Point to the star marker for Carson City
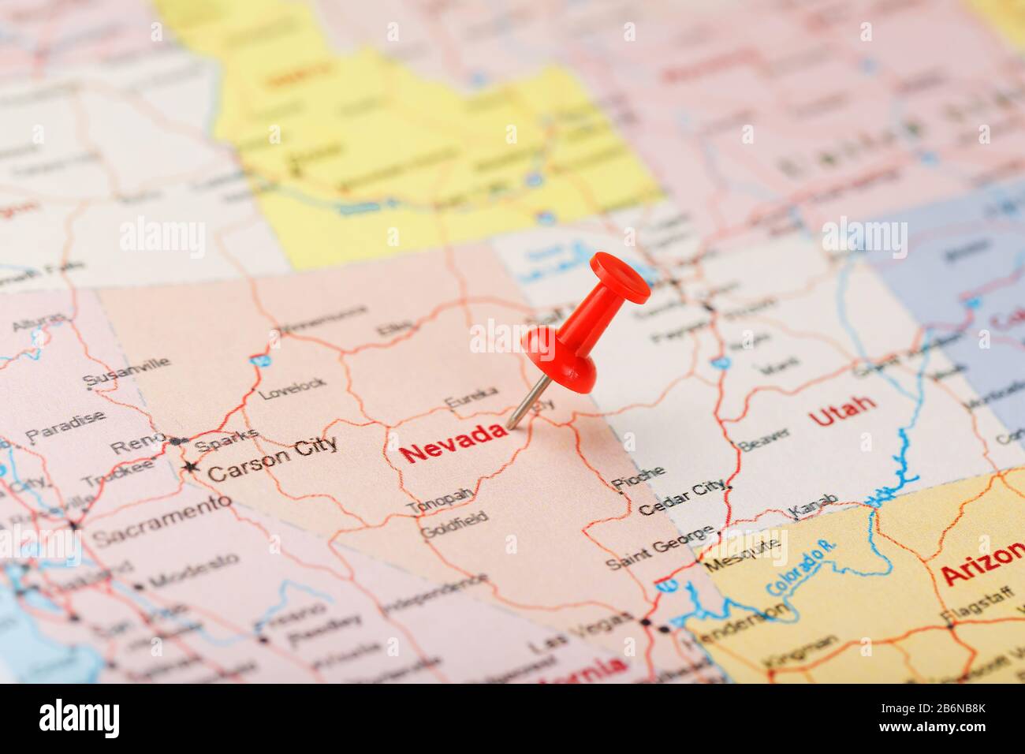190,468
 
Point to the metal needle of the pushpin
527,403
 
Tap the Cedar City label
683,498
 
